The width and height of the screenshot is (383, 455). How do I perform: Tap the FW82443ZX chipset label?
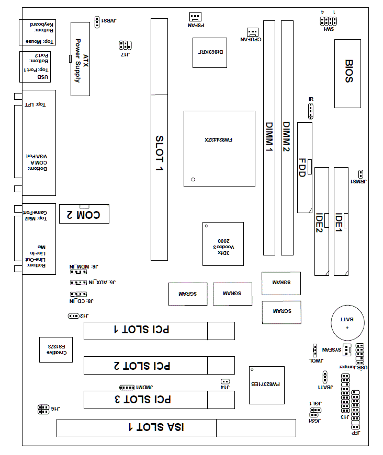coord(219,140)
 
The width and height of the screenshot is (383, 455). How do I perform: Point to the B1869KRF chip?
coord(210,53)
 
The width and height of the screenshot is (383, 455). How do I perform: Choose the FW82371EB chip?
coord(266,385)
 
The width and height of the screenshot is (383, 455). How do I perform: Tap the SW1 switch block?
coord(328,21)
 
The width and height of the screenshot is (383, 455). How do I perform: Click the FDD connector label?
coord(302,168)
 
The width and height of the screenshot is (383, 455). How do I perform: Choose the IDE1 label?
coord(339,221)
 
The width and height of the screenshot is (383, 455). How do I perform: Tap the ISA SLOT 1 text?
coord(156,427)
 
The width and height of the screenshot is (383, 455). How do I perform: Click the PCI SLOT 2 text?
coord(142,365)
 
